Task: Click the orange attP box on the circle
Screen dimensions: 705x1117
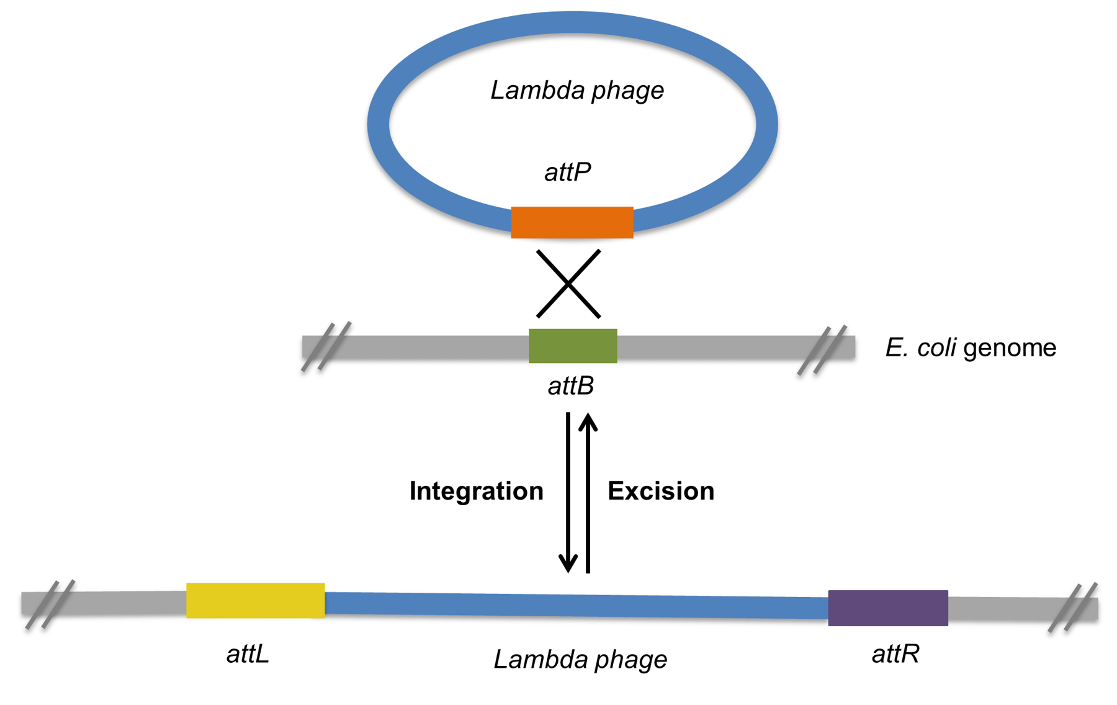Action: tap(572, 222)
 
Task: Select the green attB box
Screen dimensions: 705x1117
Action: tap(572, 346)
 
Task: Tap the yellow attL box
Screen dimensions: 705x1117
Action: tap(255, 600)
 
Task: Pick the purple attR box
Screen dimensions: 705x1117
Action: tap(887, 608)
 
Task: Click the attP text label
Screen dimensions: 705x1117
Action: tap(567, 172)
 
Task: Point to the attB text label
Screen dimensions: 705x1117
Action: tap(570, 386)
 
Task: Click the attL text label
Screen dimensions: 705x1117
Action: tap(248, 653)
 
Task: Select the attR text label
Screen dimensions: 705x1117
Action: tap(895, 653)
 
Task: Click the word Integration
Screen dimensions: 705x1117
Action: tap(476, 491)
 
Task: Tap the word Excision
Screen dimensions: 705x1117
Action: tap(660, 491)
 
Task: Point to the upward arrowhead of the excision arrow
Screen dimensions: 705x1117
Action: tap(588, 423)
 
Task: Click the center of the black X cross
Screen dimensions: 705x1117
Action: tap(568, 284)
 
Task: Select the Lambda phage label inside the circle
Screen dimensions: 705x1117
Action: tap(576, 91)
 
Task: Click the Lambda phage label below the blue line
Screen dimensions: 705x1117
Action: tap(580, 659)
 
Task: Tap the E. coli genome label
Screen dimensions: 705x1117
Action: tap(970, 348)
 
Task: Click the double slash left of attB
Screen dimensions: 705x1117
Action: tap(326, 346)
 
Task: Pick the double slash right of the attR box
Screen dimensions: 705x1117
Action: tap(1072, 608)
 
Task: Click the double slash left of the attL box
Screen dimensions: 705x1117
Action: tap(50, 604)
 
